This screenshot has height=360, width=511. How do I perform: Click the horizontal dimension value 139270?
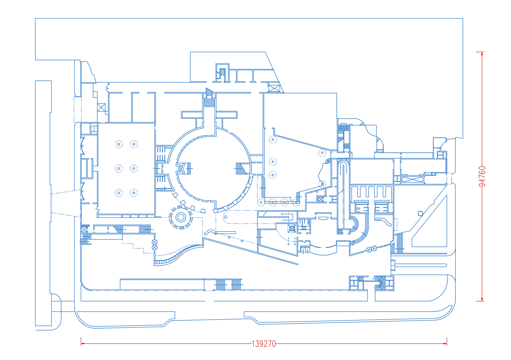point(264,344)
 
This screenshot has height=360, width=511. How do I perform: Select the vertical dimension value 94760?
point(482,176)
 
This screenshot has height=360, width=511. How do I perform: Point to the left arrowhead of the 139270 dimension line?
point(83,344)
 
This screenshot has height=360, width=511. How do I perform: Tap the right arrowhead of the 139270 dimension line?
point(445,344)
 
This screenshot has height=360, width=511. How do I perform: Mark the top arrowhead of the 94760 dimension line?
point(482,53)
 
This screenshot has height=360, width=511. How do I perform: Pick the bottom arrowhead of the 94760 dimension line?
point(482,299)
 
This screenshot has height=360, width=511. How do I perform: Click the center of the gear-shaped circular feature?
point(181,217)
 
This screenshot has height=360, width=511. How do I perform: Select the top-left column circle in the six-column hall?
point(119,144)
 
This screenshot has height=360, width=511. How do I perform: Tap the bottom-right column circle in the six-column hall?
point(134,193)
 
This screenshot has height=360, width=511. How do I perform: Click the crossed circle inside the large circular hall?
point(181,169)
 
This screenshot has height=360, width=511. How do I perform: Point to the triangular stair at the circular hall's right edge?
point(241,169)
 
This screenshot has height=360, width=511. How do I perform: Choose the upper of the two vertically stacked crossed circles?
point(155,242)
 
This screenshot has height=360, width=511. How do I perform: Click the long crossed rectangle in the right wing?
point(412,179)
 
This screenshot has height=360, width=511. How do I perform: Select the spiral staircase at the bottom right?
point(380,283)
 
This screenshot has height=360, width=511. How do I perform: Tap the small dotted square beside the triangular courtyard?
point(420,214)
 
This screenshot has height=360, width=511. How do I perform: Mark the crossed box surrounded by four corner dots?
point(292,228)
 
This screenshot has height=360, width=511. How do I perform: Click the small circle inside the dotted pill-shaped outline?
point(226,217)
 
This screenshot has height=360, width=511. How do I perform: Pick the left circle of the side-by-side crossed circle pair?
point(369,250)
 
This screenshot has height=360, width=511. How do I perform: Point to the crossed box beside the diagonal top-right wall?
point(274,88)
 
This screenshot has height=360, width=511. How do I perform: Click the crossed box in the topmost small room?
point(223,72)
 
